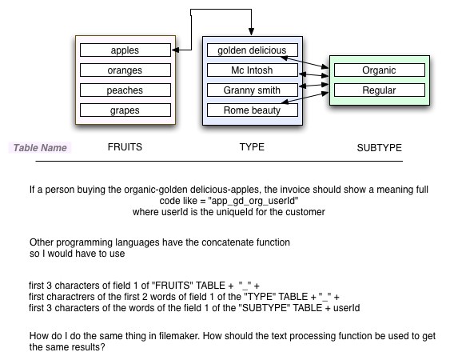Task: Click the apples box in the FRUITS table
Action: (125, 50)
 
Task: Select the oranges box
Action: (125, 70)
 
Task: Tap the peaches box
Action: (125, 90)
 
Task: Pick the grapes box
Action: (125, 110)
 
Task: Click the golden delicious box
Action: (253, 50)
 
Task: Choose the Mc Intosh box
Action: (253, 70)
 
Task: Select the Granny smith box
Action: (253, 90)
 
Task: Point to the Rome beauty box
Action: (253, 110)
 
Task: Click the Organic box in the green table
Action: (380, 70)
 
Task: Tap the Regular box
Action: (380, 90)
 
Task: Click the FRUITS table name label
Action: (125, 147)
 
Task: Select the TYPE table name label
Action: (252, 147)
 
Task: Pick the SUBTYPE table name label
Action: (380, 148)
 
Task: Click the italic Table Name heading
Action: (40, 148)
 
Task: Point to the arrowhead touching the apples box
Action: (175, 50)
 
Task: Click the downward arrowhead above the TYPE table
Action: (252, 32)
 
